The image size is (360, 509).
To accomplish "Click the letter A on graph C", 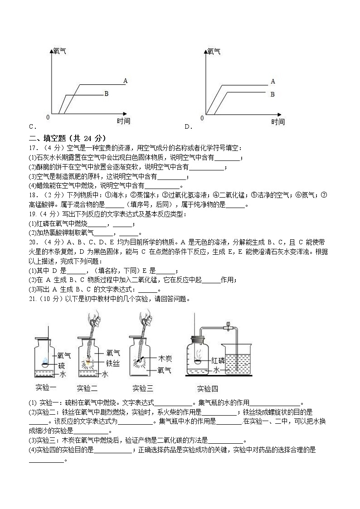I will point(125,81).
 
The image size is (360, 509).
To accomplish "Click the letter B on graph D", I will point(273,94).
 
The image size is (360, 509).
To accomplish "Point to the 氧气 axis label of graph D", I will point(214,52).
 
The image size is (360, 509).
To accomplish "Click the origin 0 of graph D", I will point(202,118).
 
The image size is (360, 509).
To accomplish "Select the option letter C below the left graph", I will point(31,127).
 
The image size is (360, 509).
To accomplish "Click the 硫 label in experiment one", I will point(62,365).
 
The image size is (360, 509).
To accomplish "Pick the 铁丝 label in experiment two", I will point(113,363).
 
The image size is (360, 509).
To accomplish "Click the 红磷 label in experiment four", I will point(218,361).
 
